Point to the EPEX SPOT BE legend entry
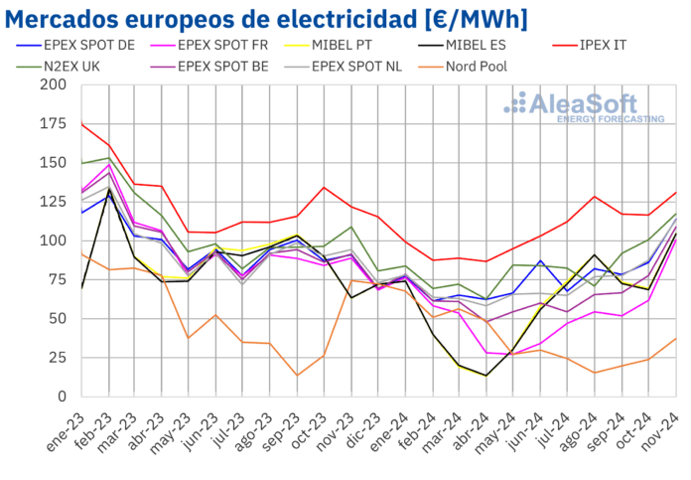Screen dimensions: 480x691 click(219, 68)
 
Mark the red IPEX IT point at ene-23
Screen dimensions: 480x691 click(80, 123)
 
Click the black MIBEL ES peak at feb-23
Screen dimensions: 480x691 click(108, 190)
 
